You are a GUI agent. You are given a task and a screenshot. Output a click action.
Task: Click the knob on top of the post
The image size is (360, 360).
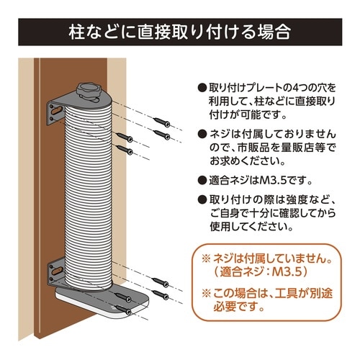click(89, 90)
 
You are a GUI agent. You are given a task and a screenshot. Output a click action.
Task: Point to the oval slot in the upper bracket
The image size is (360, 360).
click(53, 109)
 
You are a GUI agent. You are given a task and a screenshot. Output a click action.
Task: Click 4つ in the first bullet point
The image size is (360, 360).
click(287, 88)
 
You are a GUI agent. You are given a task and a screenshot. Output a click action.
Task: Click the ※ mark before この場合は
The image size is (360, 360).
click(207, 294)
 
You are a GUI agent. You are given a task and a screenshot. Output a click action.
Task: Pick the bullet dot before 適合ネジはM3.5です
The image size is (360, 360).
click(202, 180)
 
